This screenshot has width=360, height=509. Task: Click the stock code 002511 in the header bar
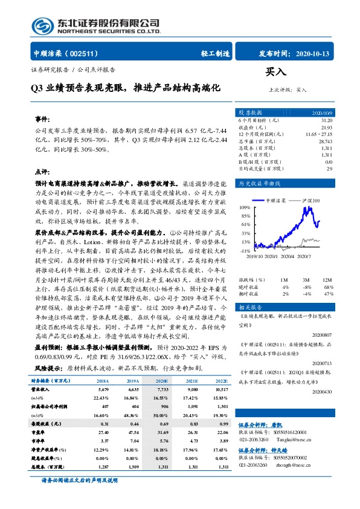click(89, 53)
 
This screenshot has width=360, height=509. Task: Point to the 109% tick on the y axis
click(245, 207)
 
